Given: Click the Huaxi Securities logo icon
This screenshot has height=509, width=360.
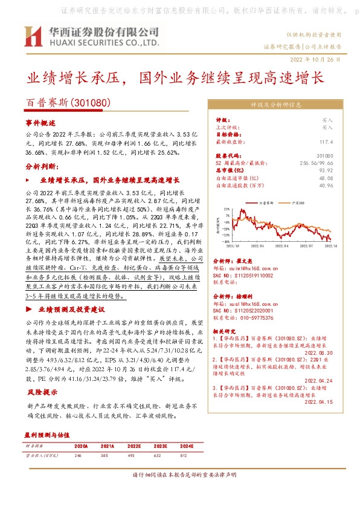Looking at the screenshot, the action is point(33,37).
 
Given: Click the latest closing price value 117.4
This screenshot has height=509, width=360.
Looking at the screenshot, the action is point(326,141).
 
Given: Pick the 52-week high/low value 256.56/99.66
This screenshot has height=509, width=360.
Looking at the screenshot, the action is point(315,163).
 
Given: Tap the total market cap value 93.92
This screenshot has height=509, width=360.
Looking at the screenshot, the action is point(326,170).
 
